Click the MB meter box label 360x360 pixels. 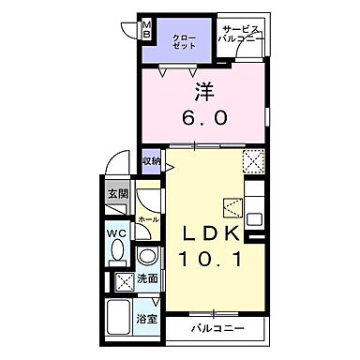pos(146,27)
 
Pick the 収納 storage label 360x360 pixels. pos(151,162)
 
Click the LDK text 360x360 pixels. pos(205,232)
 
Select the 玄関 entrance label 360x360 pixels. pos(116,195)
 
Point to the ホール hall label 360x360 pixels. pos(147,218)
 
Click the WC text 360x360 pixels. pos(116,233)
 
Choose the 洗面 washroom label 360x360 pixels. pos(147,278)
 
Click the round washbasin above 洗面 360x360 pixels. pos(146,257)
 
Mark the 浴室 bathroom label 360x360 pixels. pos(148,319)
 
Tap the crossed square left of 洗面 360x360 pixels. pos(123,279)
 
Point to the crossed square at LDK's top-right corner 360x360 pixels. pos(253,161)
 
